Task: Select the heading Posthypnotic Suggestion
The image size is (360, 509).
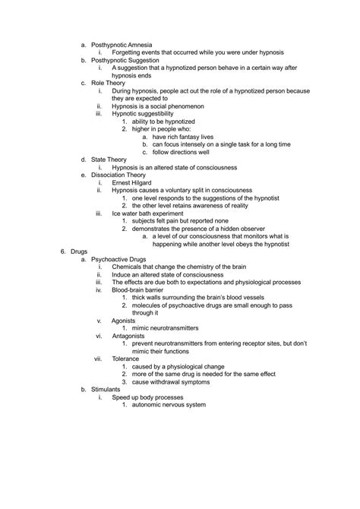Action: pos(125,60)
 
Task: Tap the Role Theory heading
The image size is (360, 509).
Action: pos(111,84)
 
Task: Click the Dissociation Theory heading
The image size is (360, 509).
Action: pos(123,175)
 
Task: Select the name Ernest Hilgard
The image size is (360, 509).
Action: pos(135,183)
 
